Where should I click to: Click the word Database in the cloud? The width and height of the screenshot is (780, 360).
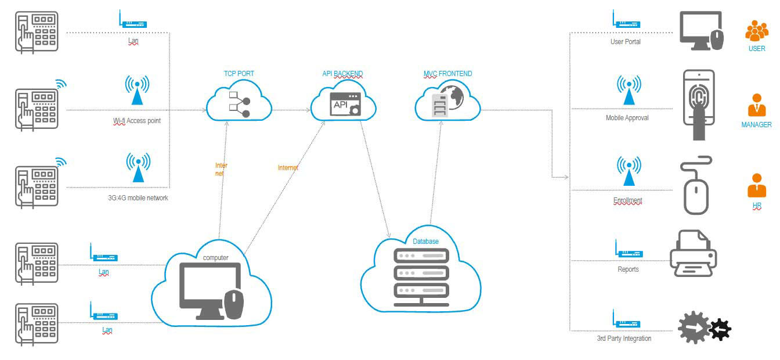425,242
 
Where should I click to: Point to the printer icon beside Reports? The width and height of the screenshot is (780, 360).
693,253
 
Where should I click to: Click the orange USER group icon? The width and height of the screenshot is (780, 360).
756,31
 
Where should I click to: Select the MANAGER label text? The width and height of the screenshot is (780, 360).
756,125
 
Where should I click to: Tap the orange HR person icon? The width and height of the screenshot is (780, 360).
756,186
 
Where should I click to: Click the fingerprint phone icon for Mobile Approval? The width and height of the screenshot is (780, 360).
699,105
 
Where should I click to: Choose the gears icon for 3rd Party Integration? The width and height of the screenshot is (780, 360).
704,329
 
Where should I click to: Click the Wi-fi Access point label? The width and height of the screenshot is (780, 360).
137,121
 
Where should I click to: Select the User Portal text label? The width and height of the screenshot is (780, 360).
625,42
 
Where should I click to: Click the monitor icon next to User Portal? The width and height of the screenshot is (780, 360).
701,31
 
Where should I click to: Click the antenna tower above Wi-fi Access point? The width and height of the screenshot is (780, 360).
137,89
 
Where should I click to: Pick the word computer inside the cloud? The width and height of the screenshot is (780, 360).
215,258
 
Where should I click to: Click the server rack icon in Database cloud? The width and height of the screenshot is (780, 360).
421,278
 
